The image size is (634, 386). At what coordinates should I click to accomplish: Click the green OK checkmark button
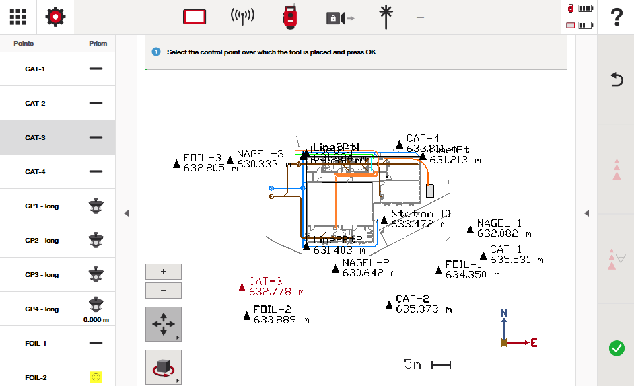point(616,348)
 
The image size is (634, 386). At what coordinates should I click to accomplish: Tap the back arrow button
point(616,80)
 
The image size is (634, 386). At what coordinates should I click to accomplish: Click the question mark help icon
point(616,17)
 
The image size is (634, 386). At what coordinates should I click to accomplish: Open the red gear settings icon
point(55,17)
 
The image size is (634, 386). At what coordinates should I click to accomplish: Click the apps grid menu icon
point(18,17)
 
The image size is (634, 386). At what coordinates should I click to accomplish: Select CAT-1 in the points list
point(35,69)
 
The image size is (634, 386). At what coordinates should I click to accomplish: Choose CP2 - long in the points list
point(42,241)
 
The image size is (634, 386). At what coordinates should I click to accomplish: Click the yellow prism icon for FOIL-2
point(96,377)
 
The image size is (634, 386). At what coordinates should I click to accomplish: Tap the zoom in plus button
point(164,272)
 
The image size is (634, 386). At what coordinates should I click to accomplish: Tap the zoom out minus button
point(164,291)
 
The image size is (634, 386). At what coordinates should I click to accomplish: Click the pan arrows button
point(164,324)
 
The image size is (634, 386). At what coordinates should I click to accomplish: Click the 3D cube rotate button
point(164,367)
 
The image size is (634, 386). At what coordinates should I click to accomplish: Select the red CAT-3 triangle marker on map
point(242,288)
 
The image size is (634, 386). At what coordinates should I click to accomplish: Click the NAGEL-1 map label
point(499,223)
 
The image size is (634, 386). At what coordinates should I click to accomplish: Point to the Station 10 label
point(421,214)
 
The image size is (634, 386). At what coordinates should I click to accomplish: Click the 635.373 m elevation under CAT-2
point(427,309)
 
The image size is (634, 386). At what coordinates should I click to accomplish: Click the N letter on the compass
point(504,313)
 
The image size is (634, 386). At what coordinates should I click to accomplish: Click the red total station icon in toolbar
point(290,17)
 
